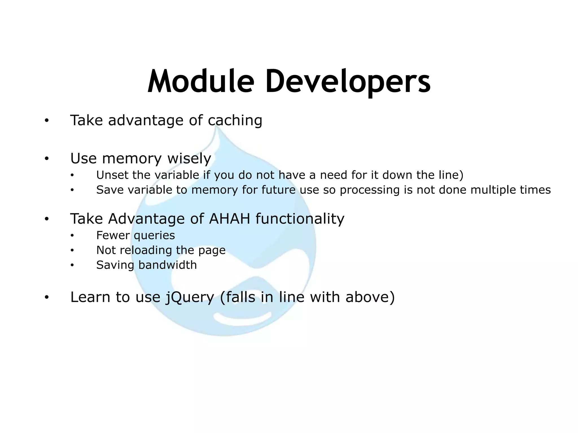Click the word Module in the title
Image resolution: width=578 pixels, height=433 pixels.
201,81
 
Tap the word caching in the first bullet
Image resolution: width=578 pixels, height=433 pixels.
235,121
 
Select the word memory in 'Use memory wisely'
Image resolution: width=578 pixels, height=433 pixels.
132,159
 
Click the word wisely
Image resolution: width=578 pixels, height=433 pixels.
189,159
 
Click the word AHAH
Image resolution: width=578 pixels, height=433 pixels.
229,219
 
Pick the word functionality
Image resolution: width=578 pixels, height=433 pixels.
300,219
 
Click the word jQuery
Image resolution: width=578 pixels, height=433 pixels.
190,298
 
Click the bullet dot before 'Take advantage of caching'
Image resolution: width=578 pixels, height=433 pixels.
47,121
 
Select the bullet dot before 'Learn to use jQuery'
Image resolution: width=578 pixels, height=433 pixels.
47,297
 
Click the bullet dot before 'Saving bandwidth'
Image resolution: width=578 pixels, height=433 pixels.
72,265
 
